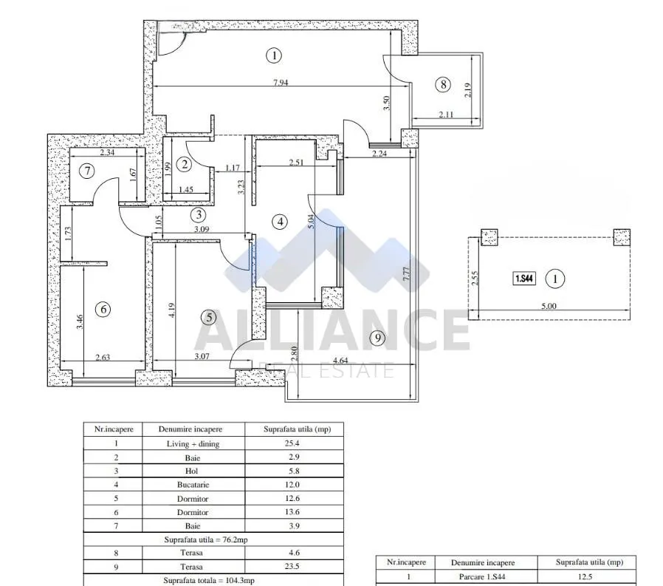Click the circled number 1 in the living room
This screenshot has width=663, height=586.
[274, 55]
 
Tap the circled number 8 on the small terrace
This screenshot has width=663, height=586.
[443, 85]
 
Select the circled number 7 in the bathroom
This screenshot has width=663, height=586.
[87, 171]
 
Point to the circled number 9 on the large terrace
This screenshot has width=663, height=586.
[377, 338]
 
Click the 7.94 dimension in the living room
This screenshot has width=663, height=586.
[281, 83]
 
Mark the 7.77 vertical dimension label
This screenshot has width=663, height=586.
[406, 273]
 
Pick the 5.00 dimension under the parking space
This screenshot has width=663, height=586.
[549, 306]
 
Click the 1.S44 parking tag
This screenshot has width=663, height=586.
[524, 279]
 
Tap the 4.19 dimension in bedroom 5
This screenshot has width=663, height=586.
[171, 310]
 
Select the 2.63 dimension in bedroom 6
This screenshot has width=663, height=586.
[103, 357]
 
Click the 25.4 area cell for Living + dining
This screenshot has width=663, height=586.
[292, 443]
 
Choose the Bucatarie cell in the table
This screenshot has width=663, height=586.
[193, 485]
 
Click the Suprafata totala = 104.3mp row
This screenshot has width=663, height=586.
[209, 581]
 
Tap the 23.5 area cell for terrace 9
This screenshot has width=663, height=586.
[292, 566]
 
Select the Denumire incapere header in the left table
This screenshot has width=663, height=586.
[190, 429]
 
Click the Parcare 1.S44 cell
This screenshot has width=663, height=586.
[482, 576]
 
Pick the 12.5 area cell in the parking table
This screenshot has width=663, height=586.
[585, 576]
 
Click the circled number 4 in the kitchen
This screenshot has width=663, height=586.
[280, 222]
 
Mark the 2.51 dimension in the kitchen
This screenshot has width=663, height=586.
[296, 162]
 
